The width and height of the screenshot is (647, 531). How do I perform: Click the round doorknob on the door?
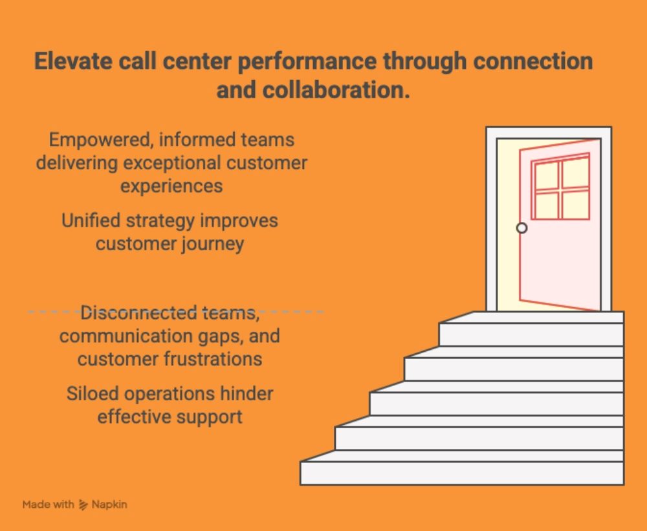click(x=521, y=228)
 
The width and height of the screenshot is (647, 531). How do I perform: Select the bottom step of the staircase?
click(x=462, y=472)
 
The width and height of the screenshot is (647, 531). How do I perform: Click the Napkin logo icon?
click(x=83, y=504)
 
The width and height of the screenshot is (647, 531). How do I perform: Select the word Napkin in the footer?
click(x=110, y=504)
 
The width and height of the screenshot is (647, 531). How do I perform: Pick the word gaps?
click(x=212, y=336)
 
